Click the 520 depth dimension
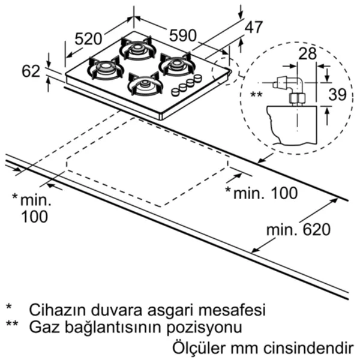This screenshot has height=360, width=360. pos(88,38)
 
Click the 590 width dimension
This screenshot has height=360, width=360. pos(183,35)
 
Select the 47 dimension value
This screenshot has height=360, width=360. pos(253,28)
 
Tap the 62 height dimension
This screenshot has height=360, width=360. pos(31,71)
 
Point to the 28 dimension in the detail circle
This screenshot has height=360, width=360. pos(308,53)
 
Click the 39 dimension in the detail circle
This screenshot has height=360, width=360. pos(337,94)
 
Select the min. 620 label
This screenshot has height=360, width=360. pos(298,229)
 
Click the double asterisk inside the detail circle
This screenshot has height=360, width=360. pos(256,94)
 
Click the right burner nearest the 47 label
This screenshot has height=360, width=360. pos(177,64)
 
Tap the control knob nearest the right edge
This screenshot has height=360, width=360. pos(197,78)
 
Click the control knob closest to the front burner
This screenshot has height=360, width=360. pos(176,92)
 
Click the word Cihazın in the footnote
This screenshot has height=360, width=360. pos(58,310)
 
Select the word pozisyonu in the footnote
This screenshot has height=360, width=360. pos(204,328)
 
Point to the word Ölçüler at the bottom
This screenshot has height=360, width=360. pos(199,348)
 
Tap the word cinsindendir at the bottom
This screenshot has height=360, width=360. pos(308,348)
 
